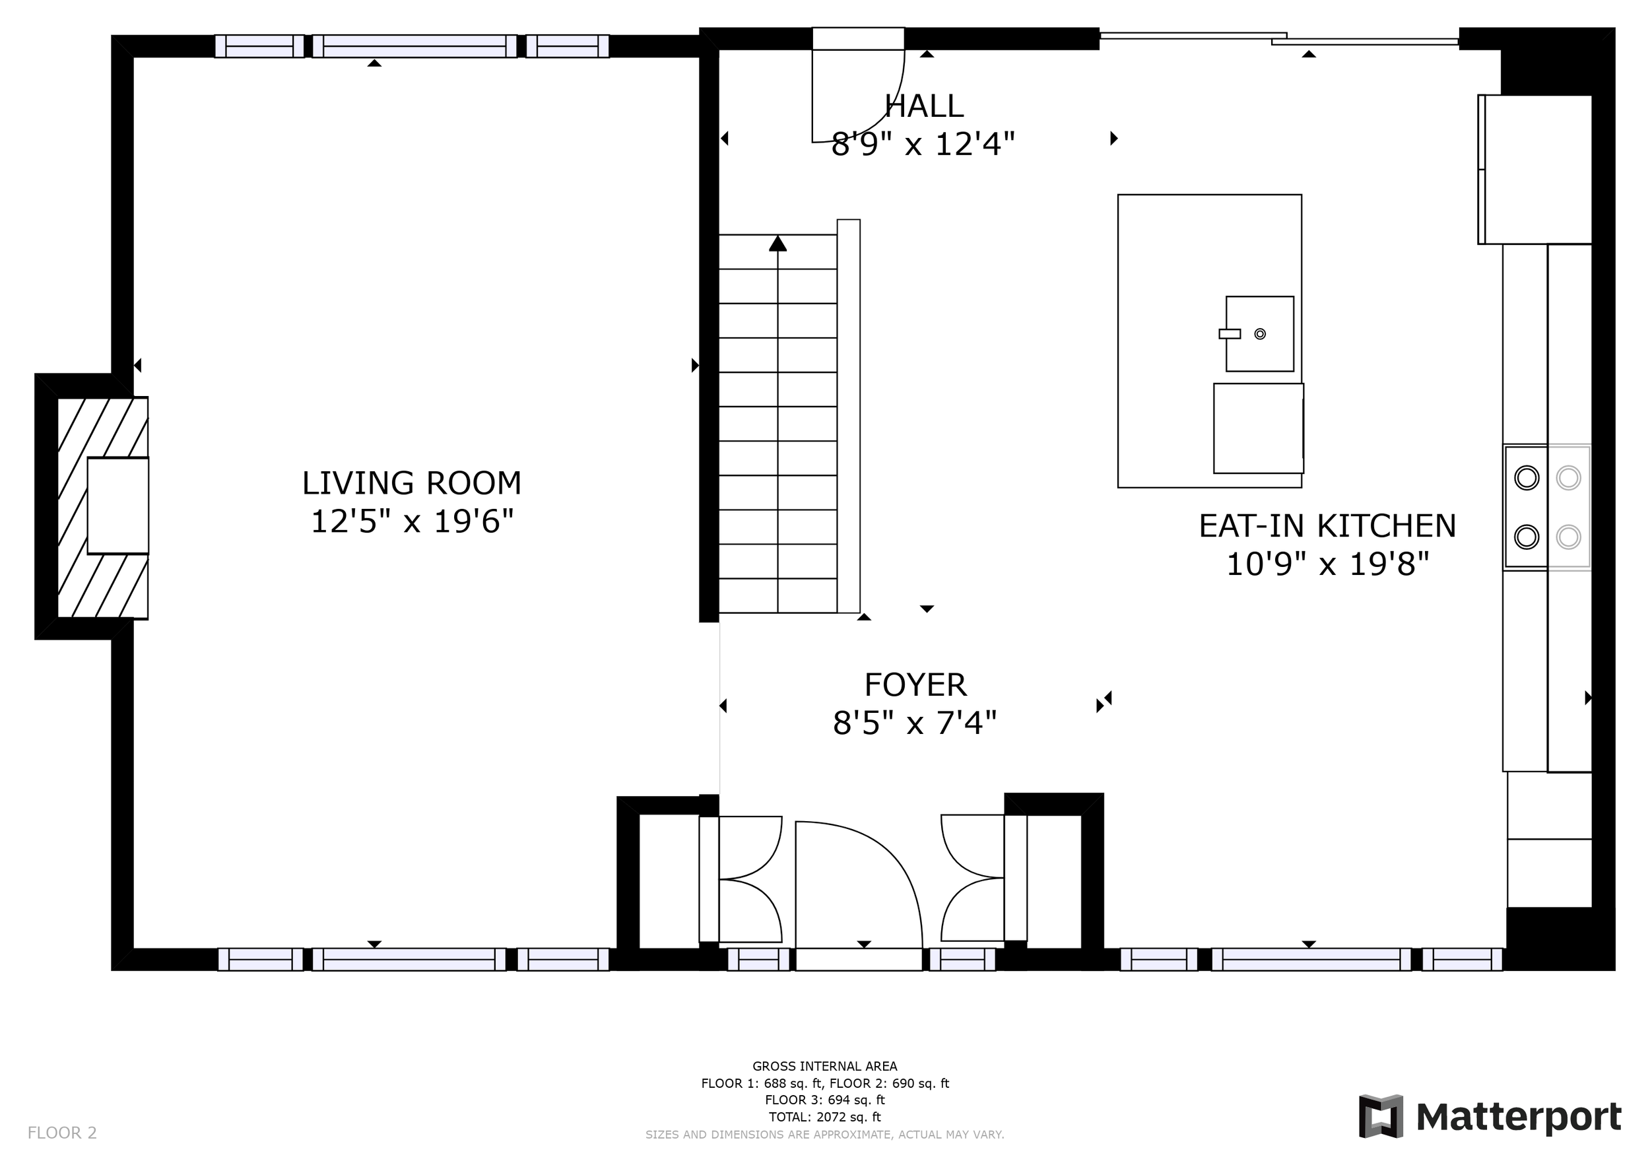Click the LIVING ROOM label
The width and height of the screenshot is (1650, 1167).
(x=412, y=484)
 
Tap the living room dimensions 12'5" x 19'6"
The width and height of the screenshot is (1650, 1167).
(x=412, y=521)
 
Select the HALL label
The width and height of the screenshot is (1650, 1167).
(x=923, y=106)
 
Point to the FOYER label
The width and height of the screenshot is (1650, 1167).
(x=915, y=685)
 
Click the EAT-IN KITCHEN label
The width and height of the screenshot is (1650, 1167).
(x=1327, y=526)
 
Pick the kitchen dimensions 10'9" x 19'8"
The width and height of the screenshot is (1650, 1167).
(x=1327, y=564)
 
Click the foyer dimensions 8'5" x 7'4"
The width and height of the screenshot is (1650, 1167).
(x=915, y=723)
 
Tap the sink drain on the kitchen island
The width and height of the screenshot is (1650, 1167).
(x=1260, y=334)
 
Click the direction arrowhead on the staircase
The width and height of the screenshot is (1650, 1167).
(x=777, y=244)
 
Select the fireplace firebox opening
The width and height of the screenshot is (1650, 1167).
(x=118, y=506)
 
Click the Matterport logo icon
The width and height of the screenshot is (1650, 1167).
(x=1381, y=1117)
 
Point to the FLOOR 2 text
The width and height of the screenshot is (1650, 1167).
(x=62, y=1133)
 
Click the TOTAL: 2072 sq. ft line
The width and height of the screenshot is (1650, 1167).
(x=825, y=1117)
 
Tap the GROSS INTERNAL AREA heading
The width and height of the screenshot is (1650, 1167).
(x=825, y=1067)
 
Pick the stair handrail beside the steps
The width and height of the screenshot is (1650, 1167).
(x=849, y=416)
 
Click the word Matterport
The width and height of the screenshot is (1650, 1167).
(x=1519, y=1118)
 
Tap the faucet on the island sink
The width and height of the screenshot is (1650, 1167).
(x=1230, y=334)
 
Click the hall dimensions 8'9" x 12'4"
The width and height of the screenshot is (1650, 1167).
(x=923, y=145)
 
